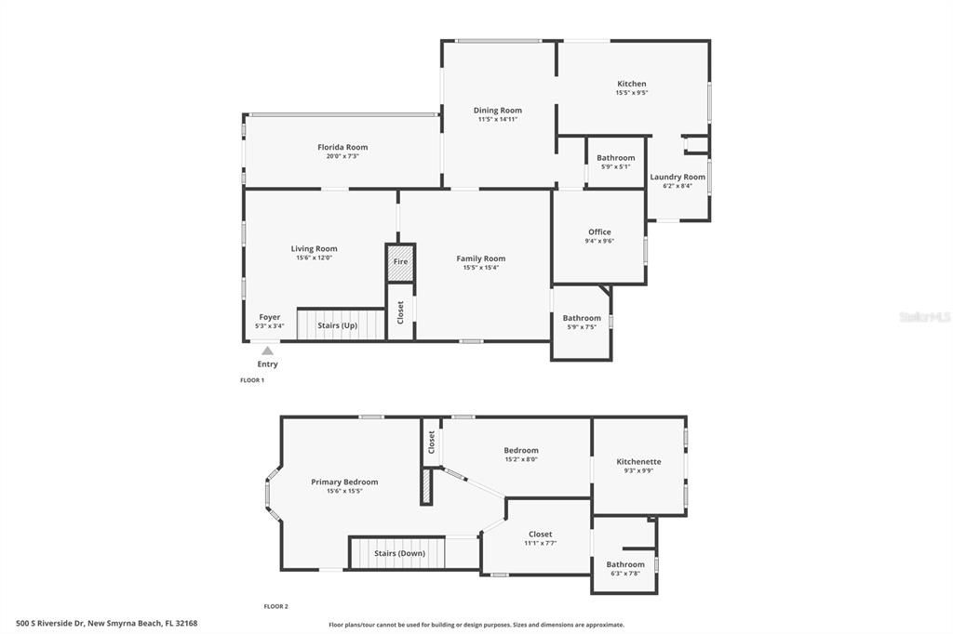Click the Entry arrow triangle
pyautogui.click(x=267, y=350)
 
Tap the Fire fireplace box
pyautogui.click(x=400, y=261)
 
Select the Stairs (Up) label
pyautogui.click(x=337, y=325)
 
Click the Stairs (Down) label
pyautogui.click(x=399, y=553)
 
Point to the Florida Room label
pyautogui.click(x=342, y=147)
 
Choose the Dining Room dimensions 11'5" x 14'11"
pyautogui.click(x=498, y=119)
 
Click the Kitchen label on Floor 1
pyautogui.click(x=631, y=84)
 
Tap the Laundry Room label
pyautogui.click(x=678, y=177)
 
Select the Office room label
pyautogui.click(x=599, y=231)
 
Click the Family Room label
pyautogui.click(x=481, y=258)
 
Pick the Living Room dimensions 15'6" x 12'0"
pyautogui.click(x=314, y=258)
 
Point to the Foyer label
pyautogui.click(x=269, y=317)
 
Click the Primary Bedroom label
pyautogui.click(x=344, y=482)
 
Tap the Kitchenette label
pyautogui.click(x=638, y=461)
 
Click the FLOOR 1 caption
pyautogui.click(x=252, y=380)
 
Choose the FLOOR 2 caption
pyautogui.click(x=275, y=606)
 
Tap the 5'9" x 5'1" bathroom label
pyautogui.click(x=615, y=158)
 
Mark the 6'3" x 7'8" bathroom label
pyautogui.click(x=624, y=564)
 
